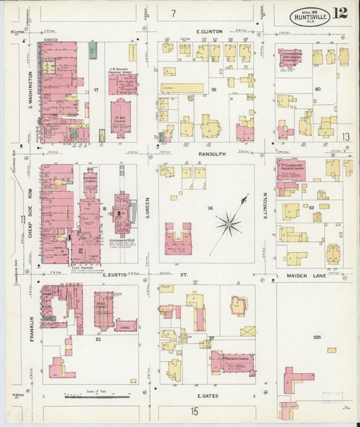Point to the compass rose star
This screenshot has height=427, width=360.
(x=230, y=221)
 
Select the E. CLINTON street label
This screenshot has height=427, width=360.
(x=209, y=31)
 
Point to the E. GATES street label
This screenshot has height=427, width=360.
(x=205, y=395)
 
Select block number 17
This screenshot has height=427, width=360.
(x=97, y=90)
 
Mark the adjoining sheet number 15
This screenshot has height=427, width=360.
(x=194, y=411)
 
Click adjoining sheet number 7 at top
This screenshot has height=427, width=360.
(x=173, y=13)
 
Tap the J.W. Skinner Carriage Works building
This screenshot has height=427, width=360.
(x=122, y=84)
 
